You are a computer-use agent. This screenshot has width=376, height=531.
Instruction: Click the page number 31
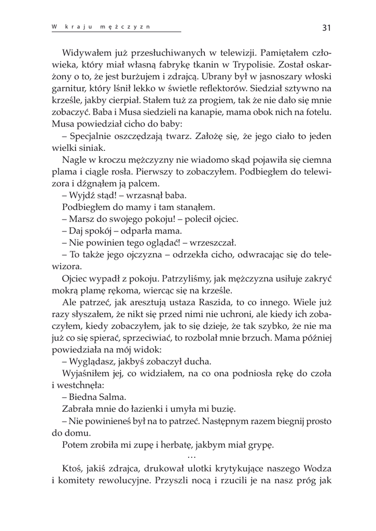[327, 27]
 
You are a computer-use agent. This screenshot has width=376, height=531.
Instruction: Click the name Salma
[113, 397]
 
